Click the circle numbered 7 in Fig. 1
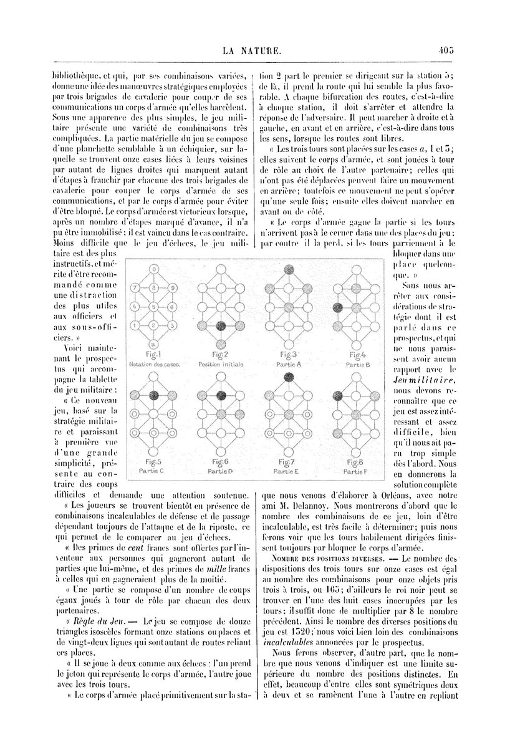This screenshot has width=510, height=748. pos(135,288)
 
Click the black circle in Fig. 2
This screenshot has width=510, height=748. pos(221,325)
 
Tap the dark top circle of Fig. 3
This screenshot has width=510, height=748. pos(289,269)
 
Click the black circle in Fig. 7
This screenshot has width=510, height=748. pos(289,376)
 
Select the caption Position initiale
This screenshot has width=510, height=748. pos(221,364)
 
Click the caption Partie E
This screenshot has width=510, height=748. pos(289,472)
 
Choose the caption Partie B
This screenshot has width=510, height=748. pos(358,364)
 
